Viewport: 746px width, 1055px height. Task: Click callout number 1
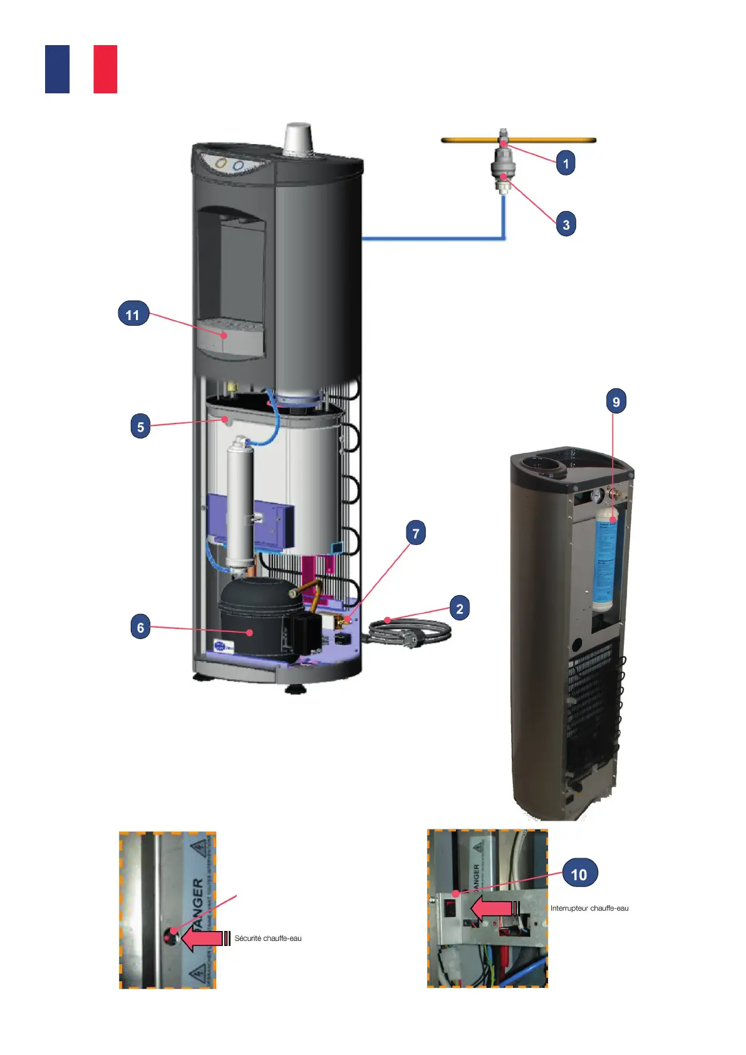[x=566, y=164]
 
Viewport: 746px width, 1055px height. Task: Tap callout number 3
[x=566, y=224]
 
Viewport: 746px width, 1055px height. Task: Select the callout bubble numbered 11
[x=133, y=314]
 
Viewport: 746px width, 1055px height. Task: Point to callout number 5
[x=140, y=427]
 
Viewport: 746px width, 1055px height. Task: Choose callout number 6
[x=140, y=627]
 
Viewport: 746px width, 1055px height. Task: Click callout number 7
[x=416, y=533]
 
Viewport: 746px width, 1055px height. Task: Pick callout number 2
[x=459, y=608]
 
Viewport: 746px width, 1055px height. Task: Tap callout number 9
[x=616, y=402]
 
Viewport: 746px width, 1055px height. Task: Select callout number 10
[x=579, y=874]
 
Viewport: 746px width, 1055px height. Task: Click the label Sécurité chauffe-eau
[x=268, y=938]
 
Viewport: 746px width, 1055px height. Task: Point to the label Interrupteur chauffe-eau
[x=589, y=908]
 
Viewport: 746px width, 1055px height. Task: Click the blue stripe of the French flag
[x=57, y=70]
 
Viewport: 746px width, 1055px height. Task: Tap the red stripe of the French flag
[x=105, y=70]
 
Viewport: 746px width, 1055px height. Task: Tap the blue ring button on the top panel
[x=238, y=165]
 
